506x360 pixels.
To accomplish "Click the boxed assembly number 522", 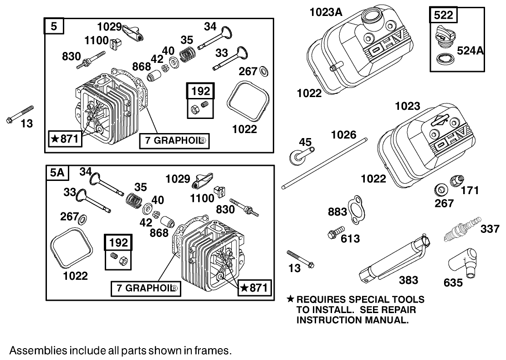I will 443,15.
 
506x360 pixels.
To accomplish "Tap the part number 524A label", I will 469,51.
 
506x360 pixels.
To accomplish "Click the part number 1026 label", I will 343,134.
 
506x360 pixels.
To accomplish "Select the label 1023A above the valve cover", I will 326,12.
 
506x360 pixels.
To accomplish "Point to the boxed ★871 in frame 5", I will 66,139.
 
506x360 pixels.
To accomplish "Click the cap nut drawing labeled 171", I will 457,180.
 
